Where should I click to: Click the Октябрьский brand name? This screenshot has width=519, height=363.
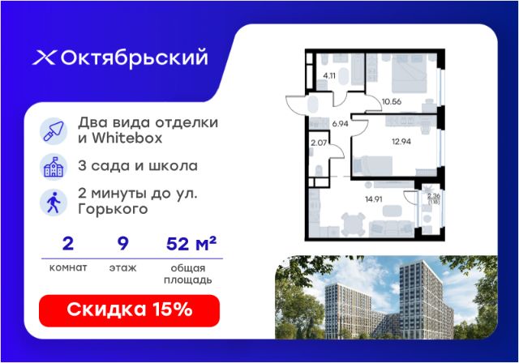coord(135,58)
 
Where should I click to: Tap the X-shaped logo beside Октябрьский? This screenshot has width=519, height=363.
coord(45,58)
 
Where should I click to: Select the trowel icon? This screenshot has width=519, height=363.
coord(54,131)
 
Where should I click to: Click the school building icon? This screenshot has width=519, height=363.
coord(54,167)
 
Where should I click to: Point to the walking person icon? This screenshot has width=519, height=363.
coord(54,203)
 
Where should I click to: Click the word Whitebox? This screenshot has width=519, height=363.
coord(127,138)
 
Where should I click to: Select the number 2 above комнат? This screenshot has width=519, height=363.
coord(68,244)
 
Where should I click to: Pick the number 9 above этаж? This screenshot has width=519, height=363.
coord(122,244)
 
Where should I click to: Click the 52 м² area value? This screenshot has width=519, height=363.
coord(191,243)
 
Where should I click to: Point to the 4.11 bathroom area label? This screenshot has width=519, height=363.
coord(329,75)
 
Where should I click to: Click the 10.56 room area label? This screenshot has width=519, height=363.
coord(392,101)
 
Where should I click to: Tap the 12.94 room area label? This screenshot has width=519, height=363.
coord(401,142)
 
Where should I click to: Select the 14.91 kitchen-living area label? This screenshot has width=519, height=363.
coord(374,199)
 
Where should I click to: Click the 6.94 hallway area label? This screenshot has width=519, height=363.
coord(341,124)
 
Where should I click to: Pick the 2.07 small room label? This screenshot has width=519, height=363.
coord(319,143)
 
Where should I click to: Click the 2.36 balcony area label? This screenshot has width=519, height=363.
coord(434,196)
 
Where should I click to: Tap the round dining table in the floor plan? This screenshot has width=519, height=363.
coord(354,224)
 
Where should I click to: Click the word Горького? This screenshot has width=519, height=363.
coord(113,209)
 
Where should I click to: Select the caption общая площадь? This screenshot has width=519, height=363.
coord(187,274)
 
